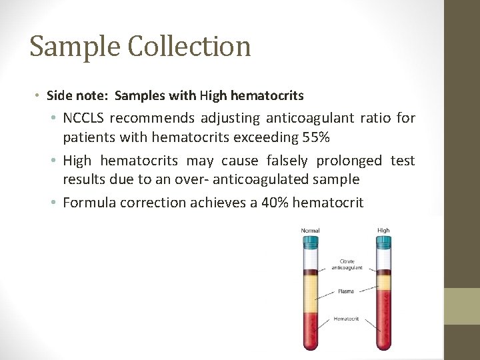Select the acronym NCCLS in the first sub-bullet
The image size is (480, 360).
click(83, 119)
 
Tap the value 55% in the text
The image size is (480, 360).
click(332, 137)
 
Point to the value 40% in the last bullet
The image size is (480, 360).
click(275, 202)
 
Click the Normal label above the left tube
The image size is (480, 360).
click(310, 231)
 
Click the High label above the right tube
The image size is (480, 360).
click(383, 231)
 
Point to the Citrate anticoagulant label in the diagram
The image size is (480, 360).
click(347, 264)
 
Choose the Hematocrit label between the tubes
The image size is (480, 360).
click(346, 319)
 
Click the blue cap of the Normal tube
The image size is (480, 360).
click(311, 243)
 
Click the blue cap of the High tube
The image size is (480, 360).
click(383, 243)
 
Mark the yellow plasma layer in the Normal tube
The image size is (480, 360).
click(311, 294)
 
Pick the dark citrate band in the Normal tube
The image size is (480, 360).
click(311, 271)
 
